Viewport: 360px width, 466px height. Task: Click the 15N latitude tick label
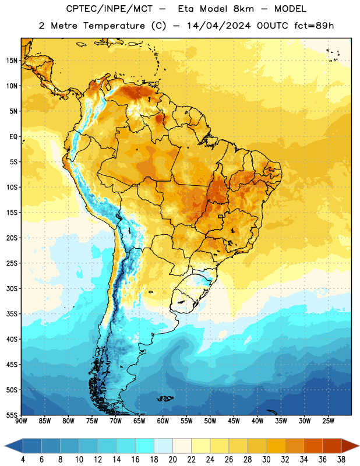(12, 61)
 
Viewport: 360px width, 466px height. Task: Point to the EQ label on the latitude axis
(13, 137)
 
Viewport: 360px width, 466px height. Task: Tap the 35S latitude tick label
(12, 314)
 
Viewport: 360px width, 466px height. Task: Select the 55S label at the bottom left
(12, 415)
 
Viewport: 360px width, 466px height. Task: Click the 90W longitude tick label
(21, 421)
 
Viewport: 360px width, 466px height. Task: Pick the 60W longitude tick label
(163, 421)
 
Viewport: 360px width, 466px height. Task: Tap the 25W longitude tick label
(328, 421)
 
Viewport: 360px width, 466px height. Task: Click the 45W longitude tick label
(234, 421)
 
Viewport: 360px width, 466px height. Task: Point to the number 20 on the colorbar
(172, 460)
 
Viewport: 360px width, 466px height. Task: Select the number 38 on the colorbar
(341, 460)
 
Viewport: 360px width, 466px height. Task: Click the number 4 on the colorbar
(23, 460)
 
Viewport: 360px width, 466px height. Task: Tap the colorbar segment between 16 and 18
(145, 446)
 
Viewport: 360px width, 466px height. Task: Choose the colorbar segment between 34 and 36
(313, 446)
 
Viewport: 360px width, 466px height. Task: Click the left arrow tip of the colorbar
(5, 446)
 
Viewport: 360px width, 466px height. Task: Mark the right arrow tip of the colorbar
(359, 446)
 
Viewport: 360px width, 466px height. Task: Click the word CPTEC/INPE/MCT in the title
(110, 9)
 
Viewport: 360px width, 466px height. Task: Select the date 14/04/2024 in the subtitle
(219, 26)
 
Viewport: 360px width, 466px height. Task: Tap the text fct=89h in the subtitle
(314, 26)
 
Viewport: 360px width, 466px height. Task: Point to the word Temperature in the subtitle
(114, 26)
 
